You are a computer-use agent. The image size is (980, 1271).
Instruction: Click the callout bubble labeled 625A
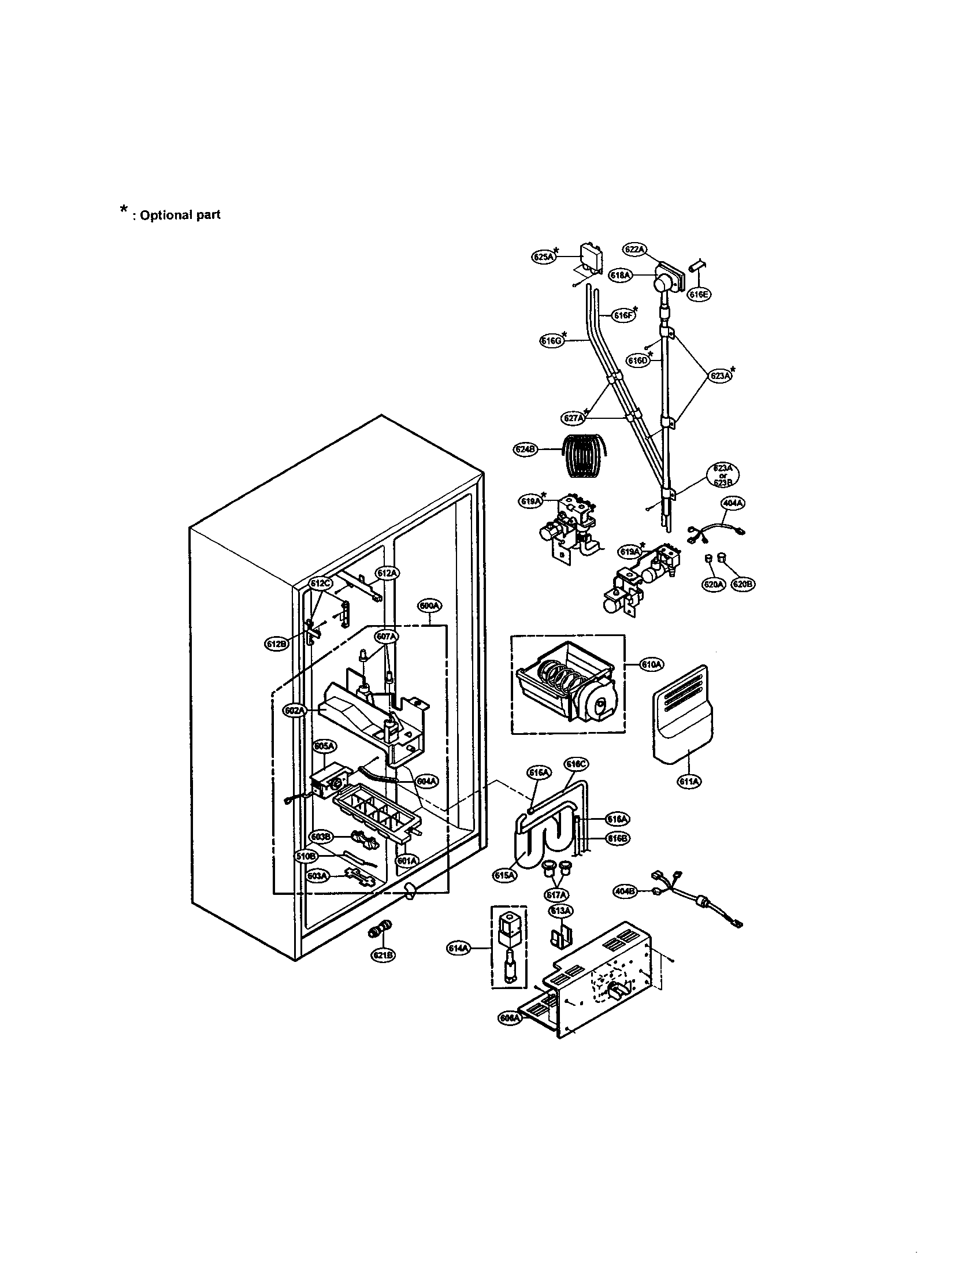(x=543, y=255)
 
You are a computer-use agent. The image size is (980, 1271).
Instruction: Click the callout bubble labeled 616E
(x=699, y=295)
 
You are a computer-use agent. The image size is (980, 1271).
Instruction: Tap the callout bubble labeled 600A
(x=429, y=606)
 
